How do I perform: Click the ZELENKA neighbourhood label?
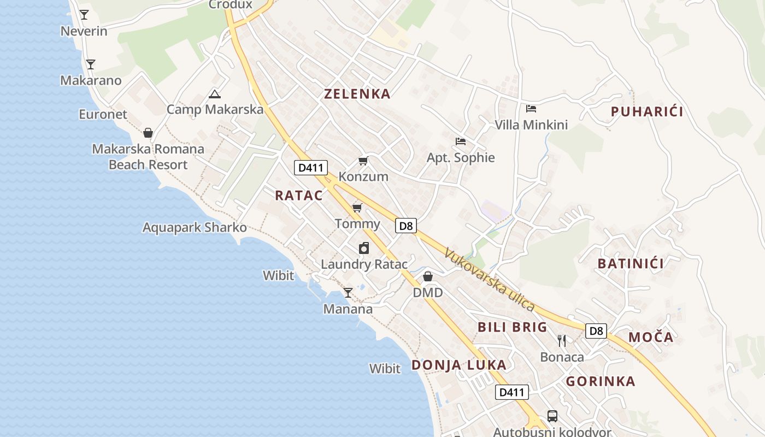[357, 94]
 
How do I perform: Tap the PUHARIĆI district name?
[647, 112]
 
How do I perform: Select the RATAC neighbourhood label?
[299, 196]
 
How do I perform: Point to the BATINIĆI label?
[631, 264]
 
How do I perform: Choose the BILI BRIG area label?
[512, 327]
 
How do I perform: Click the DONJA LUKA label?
[459, 365]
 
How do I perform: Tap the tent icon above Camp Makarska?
[215, 94]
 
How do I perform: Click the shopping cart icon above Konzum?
[363, 161]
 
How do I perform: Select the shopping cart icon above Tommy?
[357, 208]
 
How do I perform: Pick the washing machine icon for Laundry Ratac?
[364, 249]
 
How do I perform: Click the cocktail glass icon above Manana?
[348, 293]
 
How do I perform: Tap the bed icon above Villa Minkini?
[531, 109]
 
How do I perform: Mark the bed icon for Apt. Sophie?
[461, 141]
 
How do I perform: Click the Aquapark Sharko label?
[195, 227]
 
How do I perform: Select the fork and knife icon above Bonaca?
[562, 341]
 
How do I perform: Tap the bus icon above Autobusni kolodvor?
[552, 416]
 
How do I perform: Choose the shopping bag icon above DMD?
[428, 276]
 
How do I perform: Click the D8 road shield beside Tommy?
[406, 226]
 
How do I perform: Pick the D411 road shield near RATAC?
[311, 168]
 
